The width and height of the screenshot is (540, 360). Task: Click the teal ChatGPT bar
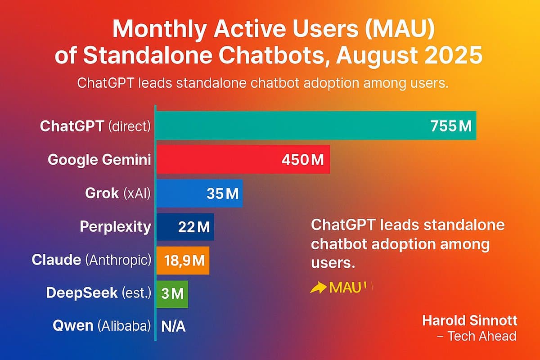(x=288, y=125)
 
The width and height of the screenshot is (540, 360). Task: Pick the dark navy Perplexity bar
(x=169, y=227)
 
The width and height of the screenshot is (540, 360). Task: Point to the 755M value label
(x=450, y=126)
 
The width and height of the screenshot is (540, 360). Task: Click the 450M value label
(x=302, y=160)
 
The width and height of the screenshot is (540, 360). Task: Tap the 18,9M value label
(x=183, y=261)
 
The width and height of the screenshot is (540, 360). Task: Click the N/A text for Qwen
(x=173, y=327)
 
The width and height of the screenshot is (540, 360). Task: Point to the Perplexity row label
(x=115, y=226)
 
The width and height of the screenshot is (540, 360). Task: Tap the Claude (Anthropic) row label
(x=91, y=260)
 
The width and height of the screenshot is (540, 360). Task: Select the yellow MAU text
(x=346, y=288)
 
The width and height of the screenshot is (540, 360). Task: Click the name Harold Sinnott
(x=469, y=321)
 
